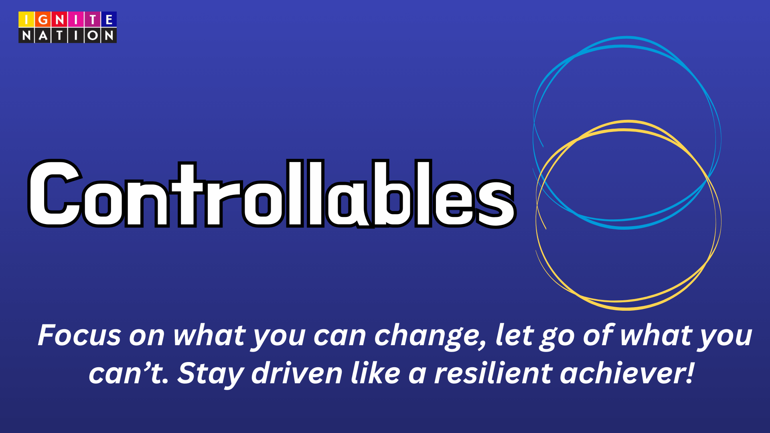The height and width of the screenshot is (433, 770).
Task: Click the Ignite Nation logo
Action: (67, 27)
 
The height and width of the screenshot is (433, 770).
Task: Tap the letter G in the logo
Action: (43, 19)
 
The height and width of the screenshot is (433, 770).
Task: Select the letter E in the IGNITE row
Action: (109, 19)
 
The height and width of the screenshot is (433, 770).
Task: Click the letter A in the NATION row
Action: (43, 36)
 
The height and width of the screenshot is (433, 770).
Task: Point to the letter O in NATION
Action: (92, 36)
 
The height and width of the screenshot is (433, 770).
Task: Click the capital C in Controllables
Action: (55, 194)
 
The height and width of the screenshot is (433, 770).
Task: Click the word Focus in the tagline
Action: (79, 335)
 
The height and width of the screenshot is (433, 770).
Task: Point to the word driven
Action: (297, 373)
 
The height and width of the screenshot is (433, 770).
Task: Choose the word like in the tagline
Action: (375, 373)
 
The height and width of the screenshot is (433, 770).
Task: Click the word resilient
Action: (493, 373)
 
